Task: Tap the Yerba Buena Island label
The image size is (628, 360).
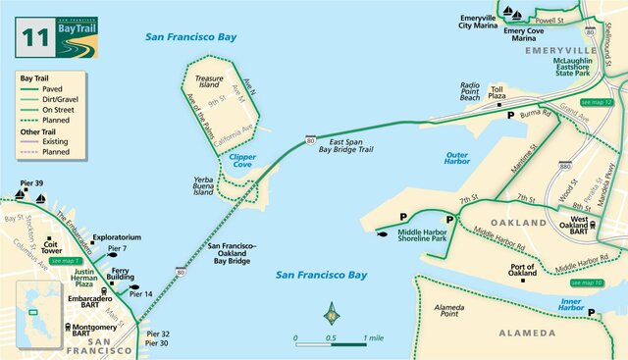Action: click(203, 185)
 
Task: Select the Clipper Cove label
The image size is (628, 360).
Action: click(241, 162)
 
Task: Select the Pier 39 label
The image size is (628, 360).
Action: click(31, 183)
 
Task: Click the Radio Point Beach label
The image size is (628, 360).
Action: click(470, 91)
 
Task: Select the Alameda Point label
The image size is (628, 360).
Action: click(451, 311)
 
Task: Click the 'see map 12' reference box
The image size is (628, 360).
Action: click(596, 102)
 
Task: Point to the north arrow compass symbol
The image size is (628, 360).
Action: click(332, 315)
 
